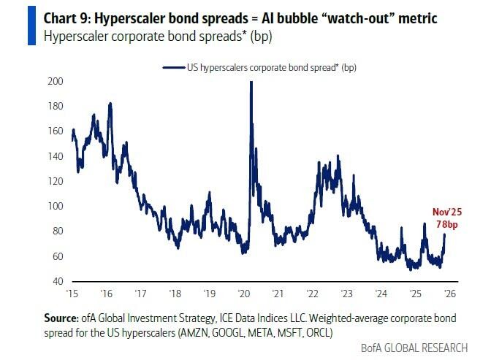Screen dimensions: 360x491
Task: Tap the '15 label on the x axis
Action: pos(72,294)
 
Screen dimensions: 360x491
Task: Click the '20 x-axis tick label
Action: pos(243,294)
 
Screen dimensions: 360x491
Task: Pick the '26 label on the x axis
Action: pos(450,294)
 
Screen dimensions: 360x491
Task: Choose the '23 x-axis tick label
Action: pos(347,294)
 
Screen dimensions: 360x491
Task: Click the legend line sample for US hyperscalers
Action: pos(173,67)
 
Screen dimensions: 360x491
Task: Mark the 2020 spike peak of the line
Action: pos(251,82)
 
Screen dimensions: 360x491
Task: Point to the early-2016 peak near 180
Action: pos(110,104)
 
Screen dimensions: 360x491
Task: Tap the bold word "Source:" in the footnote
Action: pos(61,318)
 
